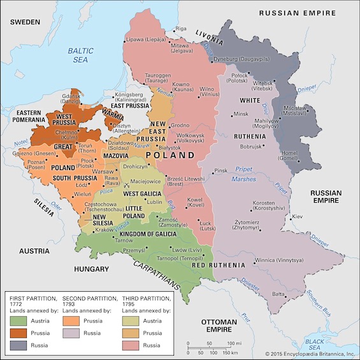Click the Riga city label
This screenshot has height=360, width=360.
tap(182, 28)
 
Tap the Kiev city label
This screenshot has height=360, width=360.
tap(297, 217)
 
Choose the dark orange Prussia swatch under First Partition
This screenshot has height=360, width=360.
tap(19, 331)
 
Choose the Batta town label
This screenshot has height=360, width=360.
tap(279, 294)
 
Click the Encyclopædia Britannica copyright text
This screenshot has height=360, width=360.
tap(310, 354)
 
